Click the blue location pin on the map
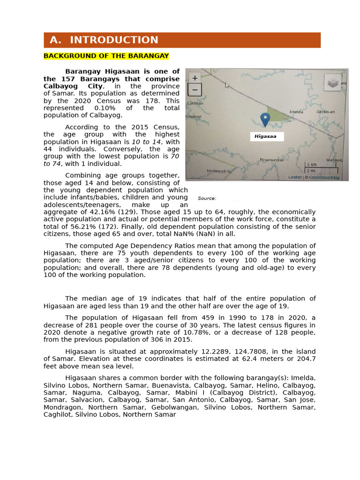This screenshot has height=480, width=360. click(265, 119)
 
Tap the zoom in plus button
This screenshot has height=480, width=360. click(195, 78)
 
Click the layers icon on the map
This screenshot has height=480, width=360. click(332, 83)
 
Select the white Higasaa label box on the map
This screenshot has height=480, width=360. click(266, 136)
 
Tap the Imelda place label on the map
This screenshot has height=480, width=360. click(296, 112)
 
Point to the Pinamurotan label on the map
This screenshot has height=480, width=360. click(272, 160)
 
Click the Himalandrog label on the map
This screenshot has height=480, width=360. click(219, 171)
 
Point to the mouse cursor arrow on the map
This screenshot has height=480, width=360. click(227, 85)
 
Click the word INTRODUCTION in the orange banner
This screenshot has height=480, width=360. click(114, 40)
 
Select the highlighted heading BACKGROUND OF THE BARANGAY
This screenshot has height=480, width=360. click(106, 56)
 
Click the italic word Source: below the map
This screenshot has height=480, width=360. click(207, 198)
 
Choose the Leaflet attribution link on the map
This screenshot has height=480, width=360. click(294, 178)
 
